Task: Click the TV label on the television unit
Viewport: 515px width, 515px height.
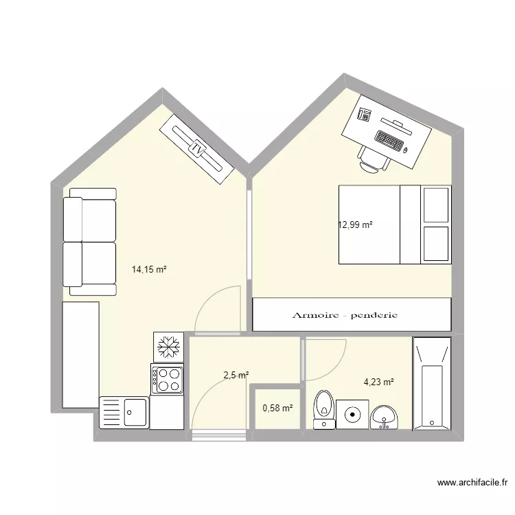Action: pyautogui.click(x=197, y=150)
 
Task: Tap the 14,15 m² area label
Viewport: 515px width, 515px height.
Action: pyautogui.click(x=149, y=270)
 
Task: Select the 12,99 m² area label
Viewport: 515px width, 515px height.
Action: pyautogui.click(x=355, y=225)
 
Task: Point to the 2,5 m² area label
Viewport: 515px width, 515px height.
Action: pyautogui.click(x=236, y=375)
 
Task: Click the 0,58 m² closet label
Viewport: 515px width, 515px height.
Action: pyautogui.click(x=277, y=408)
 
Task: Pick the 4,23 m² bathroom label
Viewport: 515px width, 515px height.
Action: pyautogui.click(x=378, y=382)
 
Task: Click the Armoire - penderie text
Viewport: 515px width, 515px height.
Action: pyautogui.click(x=345, y=315)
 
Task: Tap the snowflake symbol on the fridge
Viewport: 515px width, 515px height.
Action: pyautogui.click(x=168, y=347)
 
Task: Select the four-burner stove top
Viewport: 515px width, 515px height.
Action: pyautogui.click(x=167, y=379)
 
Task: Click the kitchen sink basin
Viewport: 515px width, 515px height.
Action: pyautogui.click(x=135, y=413)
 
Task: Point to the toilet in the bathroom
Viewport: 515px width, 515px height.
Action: pyautogui.click(x=324, y=409)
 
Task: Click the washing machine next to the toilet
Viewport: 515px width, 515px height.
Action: pyautogui.click(x=352, y=414)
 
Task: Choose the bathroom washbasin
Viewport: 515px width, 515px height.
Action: pyautogui.click(x=384, y=417)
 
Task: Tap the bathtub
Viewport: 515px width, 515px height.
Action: pyautogui.click(x=432, y=384)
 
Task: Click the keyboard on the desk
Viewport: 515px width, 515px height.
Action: pyautogui.click(x=389, y=141)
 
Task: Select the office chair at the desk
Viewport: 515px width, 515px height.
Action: pyautogui.click(x=374, y=159)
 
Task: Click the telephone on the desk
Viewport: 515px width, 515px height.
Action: pyautogui.click(x=365, y=115)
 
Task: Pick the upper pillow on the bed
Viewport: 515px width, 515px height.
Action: pyautogui.click(x=436, y=205)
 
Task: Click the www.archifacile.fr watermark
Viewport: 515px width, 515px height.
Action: pyautogui.click(x=472, y=483)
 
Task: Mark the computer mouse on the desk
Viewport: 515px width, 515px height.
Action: pyautogui.click(x=406, y=150)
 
